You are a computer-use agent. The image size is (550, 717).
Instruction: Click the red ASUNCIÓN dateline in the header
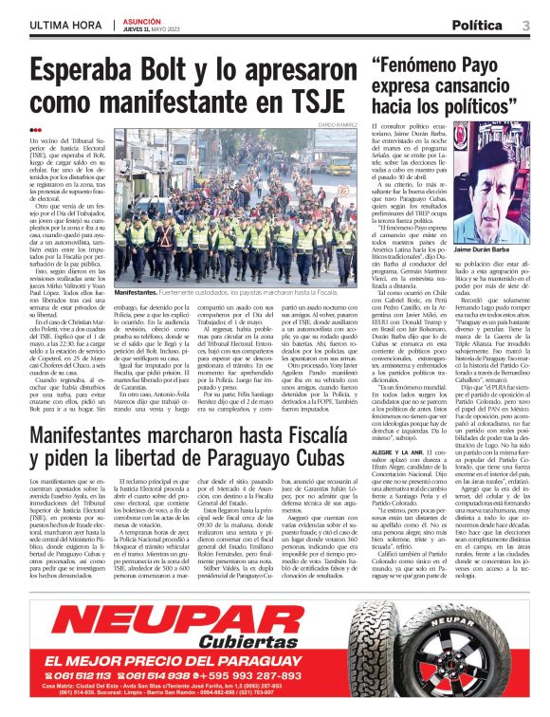pos(141,20)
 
